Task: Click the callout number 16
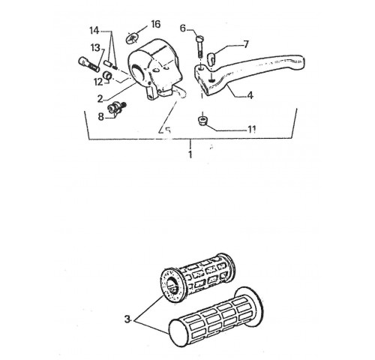click(x=155, y=24)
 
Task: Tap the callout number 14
click(x=94, y=31)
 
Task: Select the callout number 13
click(x=95, y=47)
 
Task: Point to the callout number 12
click(x=98, y=82)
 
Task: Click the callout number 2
click(x=100, y=99)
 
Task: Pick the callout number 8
click(x=100, y=116)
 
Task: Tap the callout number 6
click(x=183, y=28)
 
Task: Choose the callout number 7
click(x=246, y=44)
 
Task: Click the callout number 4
click(x=250, y=95)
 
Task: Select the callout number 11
click(x=252, y=129)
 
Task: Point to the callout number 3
click(x=127, y=319)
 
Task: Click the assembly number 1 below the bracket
click(x=190, y=154)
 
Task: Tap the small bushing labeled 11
click(x=202, y=121)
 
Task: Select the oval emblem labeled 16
click(x=132, y=39)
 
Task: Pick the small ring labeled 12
click(x=108, y=75)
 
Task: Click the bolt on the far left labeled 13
click(x=88, y=64)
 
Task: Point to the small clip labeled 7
click(x=211, y=57)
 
